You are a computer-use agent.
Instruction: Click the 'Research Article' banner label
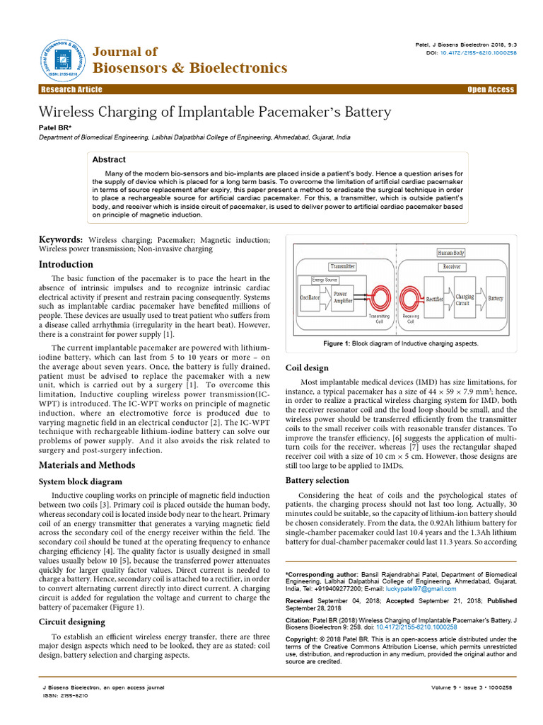click(x=71, y=89)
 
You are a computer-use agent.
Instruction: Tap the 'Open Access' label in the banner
click(x=491, y=89)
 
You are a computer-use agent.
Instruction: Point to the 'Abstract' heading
click(x=109, y=160)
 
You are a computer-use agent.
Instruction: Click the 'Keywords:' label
click(x=61, y=241)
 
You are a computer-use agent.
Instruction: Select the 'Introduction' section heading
click(x=66, y=264)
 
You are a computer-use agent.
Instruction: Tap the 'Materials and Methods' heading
click(x=86, y=464)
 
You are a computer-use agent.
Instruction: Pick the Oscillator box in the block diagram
click(x=310, y=298)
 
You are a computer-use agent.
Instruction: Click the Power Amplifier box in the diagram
click(x=345, y=297)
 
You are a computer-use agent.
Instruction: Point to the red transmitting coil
click(x=380, y=298)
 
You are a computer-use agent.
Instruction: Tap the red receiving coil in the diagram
click(x=410, y=298)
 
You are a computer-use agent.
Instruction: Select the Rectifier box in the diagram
click(x=435, y=299)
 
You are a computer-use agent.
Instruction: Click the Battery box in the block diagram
click(x=496, y=298)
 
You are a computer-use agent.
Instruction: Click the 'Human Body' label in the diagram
click(x=451, y=253)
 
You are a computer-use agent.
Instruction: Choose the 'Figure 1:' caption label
click(x=337, y=343)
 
